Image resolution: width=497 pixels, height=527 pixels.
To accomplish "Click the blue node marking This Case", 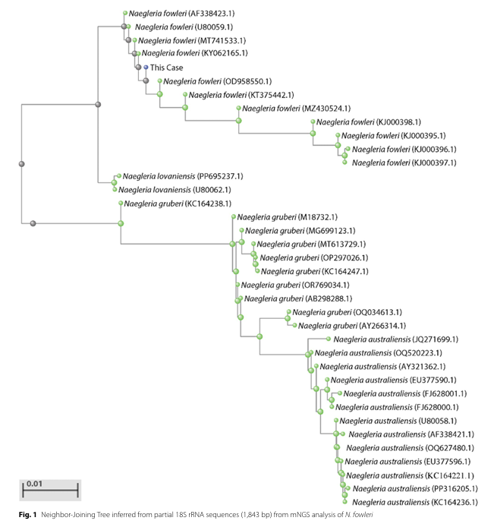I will tap(146, 67).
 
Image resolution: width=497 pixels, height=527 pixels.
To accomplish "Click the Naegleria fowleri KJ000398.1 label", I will tap(367, 121).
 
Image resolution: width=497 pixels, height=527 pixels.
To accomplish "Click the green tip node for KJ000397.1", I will tap(345, 163).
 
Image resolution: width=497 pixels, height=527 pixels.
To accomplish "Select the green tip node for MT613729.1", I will tap(253, 244).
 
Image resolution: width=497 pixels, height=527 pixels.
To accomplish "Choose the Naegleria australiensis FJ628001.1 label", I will tap(404, 393).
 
